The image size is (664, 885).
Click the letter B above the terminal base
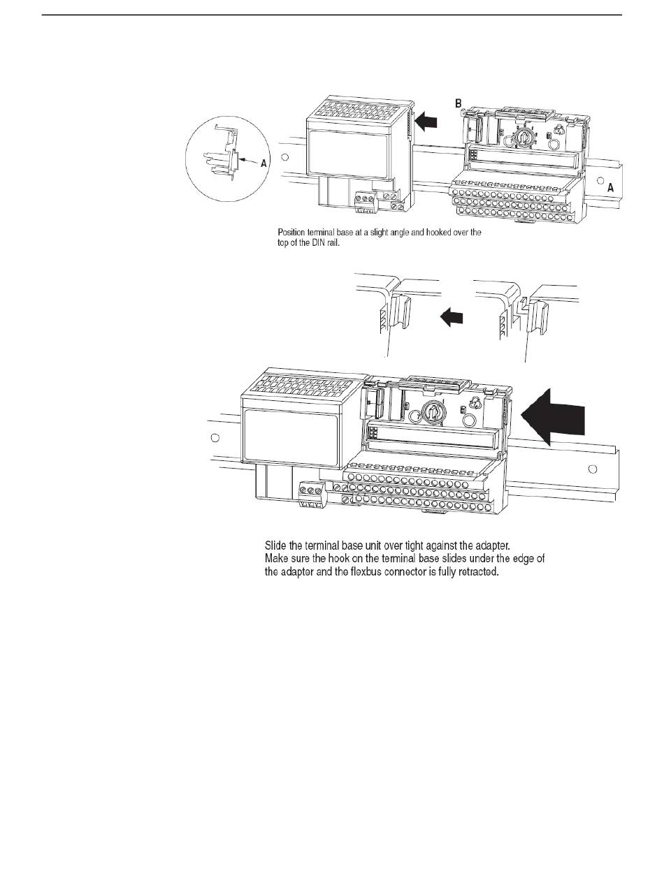click(459, 103)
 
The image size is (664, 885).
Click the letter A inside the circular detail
click(263, 163)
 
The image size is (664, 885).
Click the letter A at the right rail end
click(610, 188)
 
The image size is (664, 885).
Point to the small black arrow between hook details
click(452, 319)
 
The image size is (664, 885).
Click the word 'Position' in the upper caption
click(291, 232)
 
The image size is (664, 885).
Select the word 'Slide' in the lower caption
click(275, 545)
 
